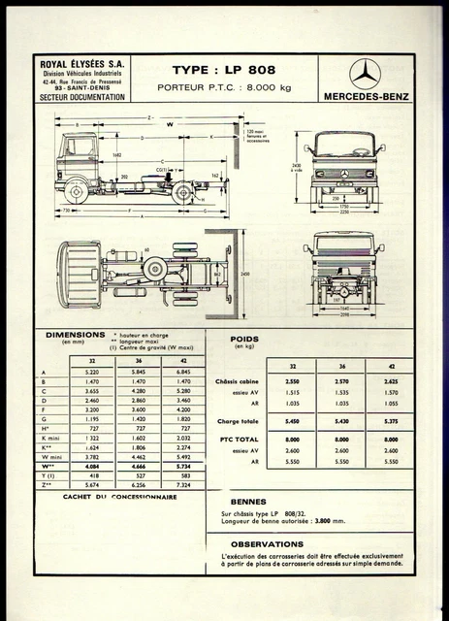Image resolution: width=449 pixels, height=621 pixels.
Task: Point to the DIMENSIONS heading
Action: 76,336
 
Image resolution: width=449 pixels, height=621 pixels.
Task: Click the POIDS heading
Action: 243,341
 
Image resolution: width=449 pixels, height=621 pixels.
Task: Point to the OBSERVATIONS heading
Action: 266,543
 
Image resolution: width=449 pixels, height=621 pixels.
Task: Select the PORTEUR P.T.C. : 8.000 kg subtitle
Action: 223,89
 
